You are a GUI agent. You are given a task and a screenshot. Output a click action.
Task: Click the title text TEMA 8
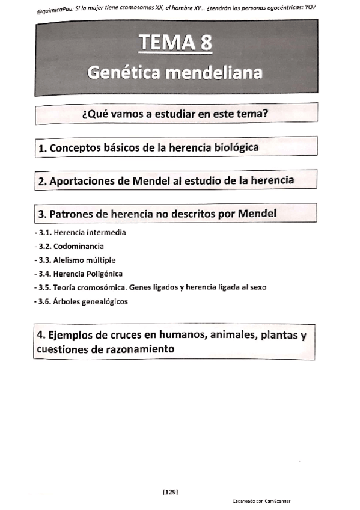(x=175, y=43)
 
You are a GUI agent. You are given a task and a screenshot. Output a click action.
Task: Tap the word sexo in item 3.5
(x=256, y=287)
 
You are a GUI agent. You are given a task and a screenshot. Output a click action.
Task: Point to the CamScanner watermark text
(x=260, y=501)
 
